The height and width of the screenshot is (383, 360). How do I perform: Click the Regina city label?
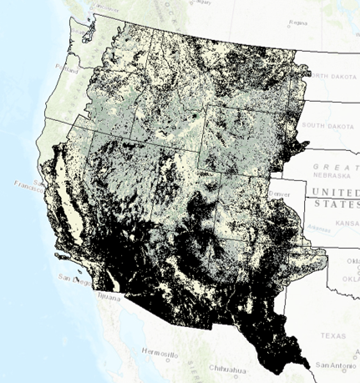(297, 23)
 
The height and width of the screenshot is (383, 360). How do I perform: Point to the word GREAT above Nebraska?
(329, 167)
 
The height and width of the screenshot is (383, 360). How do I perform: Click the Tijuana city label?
(106, 295)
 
